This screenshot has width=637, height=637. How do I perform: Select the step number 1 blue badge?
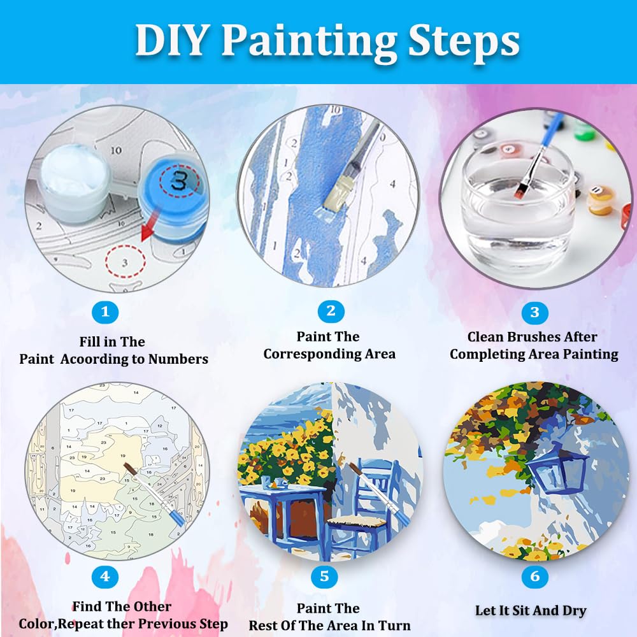[x=106, y=312]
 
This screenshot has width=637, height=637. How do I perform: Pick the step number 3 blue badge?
[x=534, y=312]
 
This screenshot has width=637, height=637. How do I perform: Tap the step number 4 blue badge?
[x=106, y=577]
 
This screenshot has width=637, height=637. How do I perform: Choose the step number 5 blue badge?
[x=324, y=577]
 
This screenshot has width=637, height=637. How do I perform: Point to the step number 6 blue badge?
[x=534, y=577]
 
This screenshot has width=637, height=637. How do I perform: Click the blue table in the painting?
[x=280, y=510]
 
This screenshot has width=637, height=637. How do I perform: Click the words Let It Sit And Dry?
[x=531, y=610]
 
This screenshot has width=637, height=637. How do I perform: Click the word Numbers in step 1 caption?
[x=178, y=359]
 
